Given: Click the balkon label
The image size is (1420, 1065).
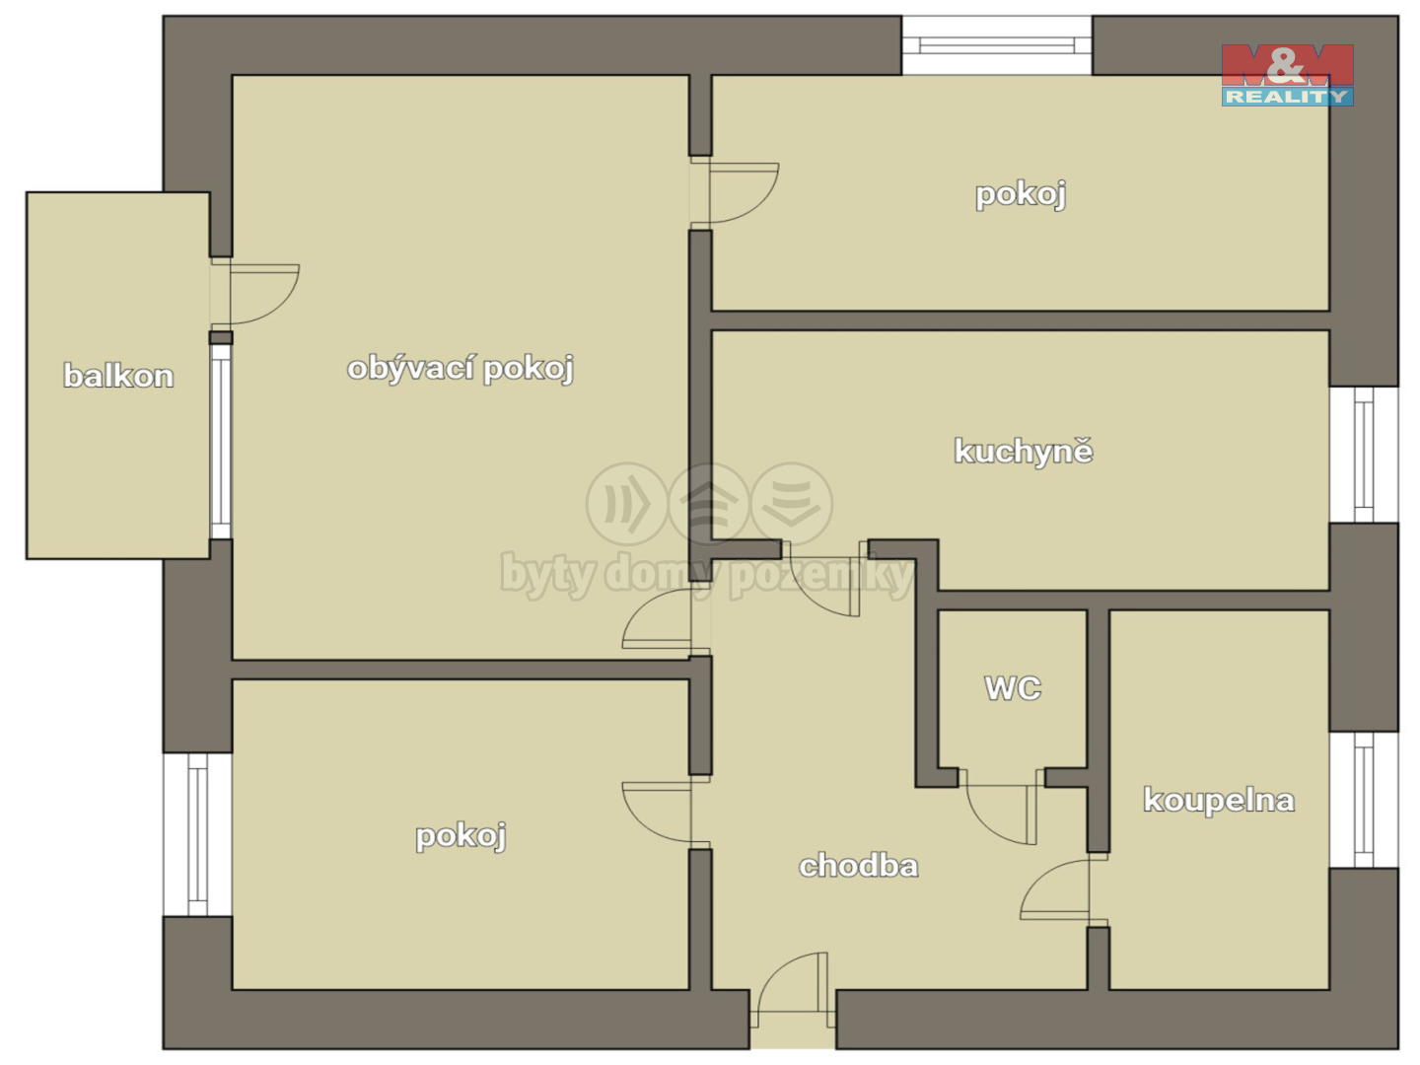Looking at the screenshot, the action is click(118, 376).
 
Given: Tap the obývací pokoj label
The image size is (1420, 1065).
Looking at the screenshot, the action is click(461, 369).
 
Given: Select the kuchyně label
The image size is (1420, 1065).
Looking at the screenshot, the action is click(1024, 451).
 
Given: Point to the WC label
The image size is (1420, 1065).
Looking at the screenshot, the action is click(1013, 688).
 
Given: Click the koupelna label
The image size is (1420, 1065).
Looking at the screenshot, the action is click(1219, 801).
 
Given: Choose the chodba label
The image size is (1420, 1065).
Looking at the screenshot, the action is click(859, 867).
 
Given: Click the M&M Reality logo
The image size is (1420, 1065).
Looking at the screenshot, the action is click(1288, 75).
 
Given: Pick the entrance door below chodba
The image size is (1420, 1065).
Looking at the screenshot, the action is click(793, 989).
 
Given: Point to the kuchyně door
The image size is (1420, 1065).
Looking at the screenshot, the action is click(824, 578).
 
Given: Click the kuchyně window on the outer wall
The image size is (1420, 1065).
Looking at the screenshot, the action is click(1364, 455).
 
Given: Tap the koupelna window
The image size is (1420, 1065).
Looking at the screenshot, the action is click(1364, 800).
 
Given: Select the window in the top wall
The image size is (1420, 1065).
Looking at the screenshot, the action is click(997, 45).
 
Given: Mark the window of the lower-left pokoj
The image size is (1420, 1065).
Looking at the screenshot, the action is click(197, 834).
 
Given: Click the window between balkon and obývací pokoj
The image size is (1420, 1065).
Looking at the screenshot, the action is click(221, 442).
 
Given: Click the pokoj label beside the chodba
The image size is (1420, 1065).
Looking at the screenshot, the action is click(461, 836).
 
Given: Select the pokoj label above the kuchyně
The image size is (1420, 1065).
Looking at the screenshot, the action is click(1021, 194).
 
